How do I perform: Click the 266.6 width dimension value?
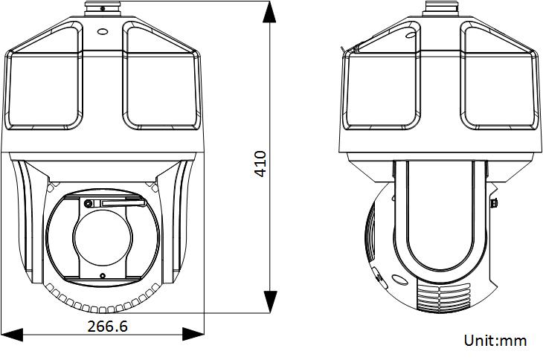107,326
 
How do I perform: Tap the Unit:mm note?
495,341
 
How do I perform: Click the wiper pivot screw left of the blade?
89,204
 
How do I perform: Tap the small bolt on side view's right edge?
493,203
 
